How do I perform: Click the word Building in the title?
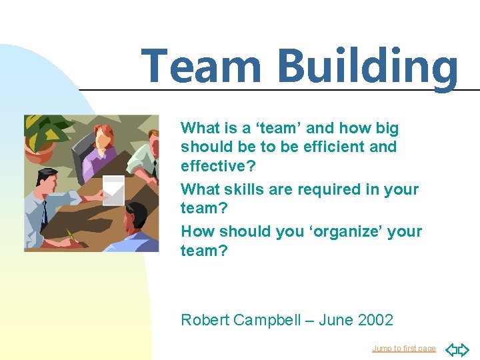367,67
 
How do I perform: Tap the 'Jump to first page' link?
403,349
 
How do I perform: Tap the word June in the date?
335,320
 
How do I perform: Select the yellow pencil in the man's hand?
71,235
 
